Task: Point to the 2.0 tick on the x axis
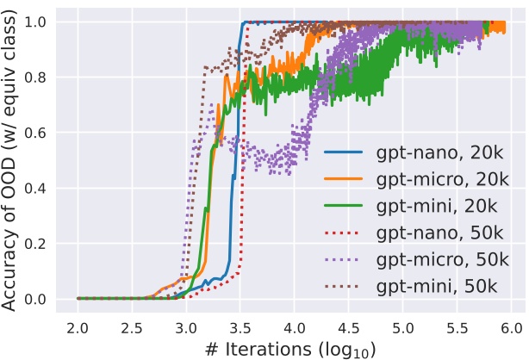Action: tap(78, 328)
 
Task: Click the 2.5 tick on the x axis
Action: tap(132, 328)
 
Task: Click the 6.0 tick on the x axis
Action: tap(511, 328)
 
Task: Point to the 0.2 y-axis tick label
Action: tap(40, 244)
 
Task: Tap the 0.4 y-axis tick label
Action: tap(40, 188)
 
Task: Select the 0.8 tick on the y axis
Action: tap(40, 77)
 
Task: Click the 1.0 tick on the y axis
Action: tap(40, 22)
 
